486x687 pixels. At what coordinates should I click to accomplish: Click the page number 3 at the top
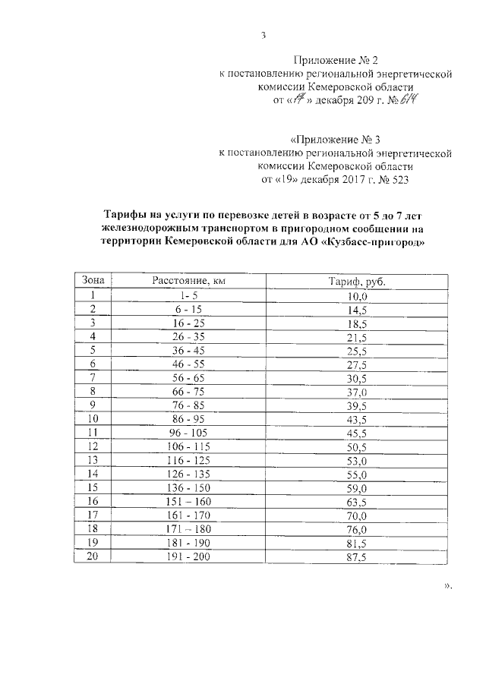[x=263, y=36]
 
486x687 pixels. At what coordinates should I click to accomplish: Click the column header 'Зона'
[x=93, y=282]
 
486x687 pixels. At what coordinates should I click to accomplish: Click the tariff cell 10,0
[x=356, y=296]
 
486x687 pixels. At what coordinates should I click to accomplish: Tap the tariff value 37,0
[x=356, y=392]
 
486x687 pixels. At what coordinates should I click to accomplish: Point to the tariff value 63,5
[x=356, y=502]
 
